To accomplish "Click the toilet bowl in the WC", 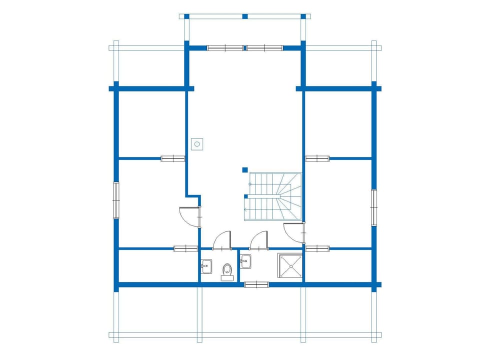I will tap(227, 269).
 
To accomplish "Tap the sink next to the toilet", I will tap(206, 265).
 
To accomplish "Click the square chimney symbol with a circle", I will tap(197, 144).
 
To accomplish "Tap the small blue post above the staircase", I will tap(244, 170).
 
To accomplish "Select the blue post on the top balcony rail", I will tap(245, 16).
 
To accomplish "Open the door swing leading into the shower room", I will tap(259, 240).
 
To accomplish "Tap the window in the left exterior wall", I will tap(116, 200).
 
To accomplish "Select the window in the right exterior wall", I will tap(373, 207).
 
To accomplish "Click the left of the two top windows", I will tap(225, 48).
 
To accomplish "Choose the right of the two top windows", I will tap(265, 48).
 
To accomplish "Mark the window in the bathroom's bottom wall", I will tap(256, 284).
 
